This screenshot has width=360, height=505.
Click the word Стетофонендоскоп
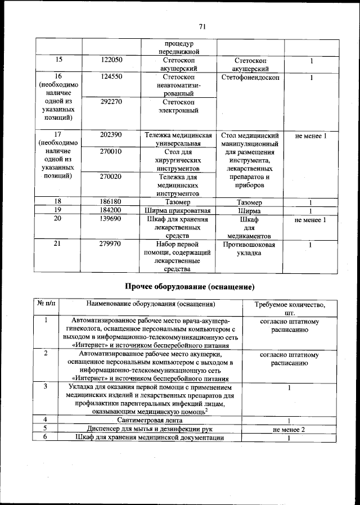(250, 77)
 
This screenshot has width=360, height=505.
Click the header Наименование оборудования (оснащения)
(151, 304)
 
